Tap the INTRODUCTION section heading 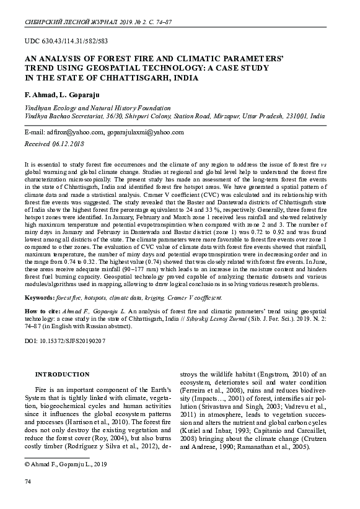[63, 375]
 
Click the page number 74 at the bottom [27, 481]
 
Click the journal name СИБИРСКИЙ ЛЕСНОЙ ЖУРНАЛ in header [69, 20]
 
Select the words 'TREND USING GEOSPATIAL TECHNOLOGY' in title [105, 69]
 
